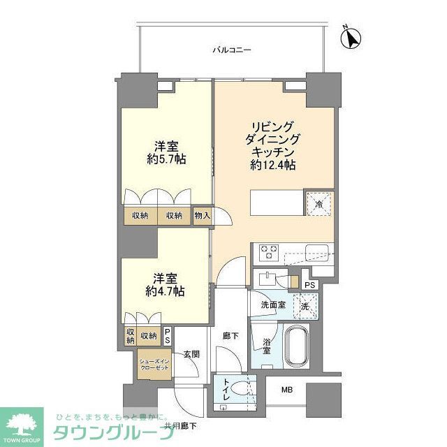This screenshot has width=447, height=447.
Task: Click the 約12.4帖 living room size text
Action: tap(272, 166)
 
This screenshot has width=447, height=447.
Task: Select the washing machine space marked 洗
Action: tap(305, 305)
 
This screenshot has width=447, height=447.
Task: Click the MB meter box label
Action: tap(287, 391)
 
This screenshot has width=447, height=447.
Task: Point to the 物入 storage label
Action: tap(202, 216)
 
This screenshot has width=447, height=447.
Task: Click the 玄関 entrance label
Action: tap(191, 354)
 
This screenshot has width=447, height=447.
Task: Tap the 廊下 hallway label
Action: tap(231, 337)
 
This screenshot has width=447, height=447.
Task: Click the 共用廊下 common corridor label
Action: tap(180, 425)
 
